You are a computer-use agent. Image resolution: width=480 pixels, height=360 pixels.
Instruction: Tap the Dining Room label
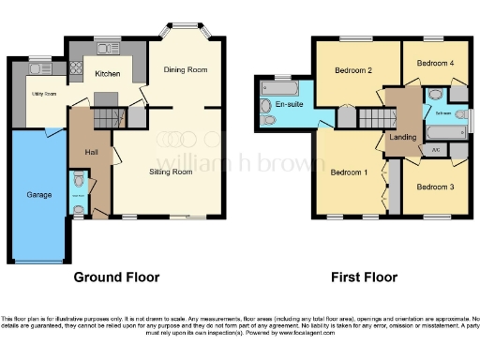(x=185, y=69)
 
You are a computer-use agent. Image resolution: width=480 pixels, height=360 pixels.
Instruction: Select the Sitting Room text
(x=171, y=172)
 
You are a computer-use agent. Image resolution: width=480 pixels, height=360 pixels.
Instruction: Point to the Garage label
(x=38, y=194)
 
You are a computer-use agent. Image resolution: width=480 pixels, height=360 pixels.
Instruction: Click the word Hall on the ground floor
(x=91, y=152)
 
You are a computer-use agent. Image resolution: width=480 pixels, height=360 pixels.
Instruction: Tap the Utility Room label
(x=45, y=95)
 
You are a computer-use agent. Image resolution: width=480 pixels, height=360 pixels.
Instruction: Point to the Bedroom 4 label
(x=435, y=63)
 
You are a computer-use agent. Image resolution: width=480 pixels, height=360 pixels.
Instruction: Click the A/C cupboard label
(x=434, y=150)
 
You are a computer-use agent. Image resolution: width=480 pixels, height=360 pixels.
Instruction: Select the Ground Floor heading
(x=117, y=277)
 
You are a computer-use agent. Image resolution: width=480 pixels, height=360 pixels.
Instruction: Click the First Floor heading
(x=365, y=277)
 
